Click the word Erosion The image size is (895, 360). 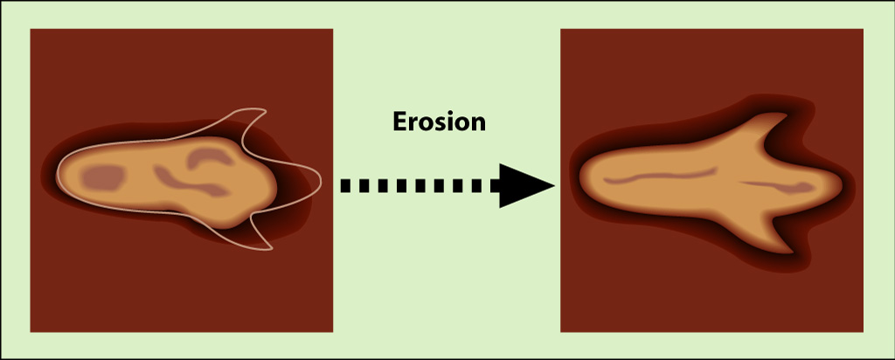point(439,121)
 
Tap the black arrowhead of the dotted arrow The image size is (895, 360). point(526,185)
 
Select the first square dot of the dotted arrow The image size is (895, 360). point(345,185)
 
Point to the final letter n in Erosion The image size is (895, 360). point(478,124)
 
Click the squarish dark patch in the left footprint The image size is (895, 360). point(103,177)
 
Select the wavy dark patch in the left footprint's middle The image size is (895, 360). point(191,181)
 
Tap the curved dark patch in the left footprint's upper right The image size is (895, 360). point(208,156)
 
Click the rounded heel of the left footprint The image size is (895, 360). point(59,175)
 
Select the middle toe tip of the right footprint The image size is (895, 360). point(842,185)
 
